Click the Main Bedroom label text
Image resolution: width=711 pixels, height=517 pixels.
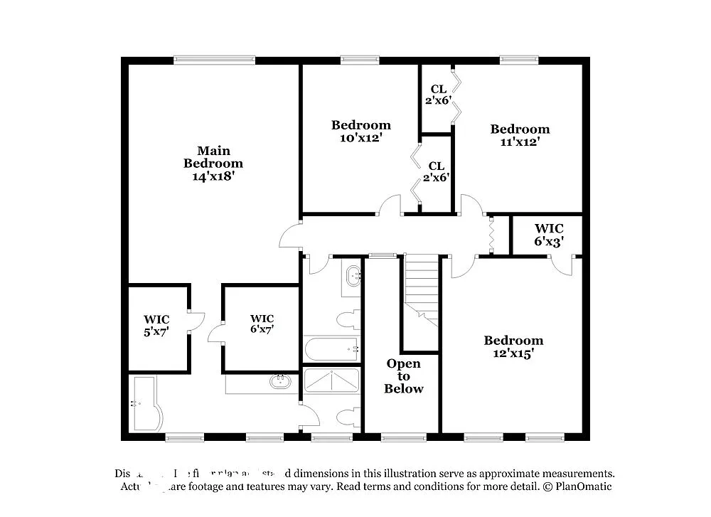pyautogui.click(x=213, y=156)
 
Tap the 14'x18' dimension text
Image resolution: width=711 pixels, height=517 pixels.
pyautogui.click(x=213, y=176)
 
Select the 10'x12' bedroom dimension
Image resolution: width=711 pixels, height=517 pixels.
pyautogui.click(x=360, y=138)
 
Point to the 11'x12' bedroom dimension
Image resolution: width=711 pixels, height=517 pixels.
pyautogui.click(x=520, y=142)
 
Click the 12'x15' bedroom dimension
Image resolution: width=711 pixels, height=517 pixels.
pyautogui.click(x=513, y=353)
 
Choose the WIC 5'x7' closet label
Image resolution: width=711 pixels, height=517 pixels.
pyautogui.click(x=156, y=325)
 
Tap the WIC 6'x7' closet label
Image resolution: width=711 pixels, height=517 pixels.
pyautogui.click(x=262, y=324)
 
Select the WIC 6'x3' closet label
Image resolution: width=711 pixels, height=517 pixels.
pyautogui.click(x=549, y=235)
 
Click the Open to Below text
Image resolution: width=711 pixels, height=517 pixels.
pyautogui.click(x=404, y=376)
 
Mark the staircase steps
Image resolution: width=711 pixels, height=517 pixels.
pyautogui.click(x=422, y=284)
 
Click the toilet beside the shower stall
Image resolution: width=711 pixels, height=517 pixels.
pyautogui.click(x=348, y=417)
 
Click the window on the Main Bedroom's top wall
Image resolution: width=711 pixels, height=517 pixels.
pyautogui.click(x=215, y=60)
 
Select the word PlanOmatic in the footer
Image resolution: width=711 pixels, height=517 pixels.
pyautogui.click(x=583, y=487)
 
